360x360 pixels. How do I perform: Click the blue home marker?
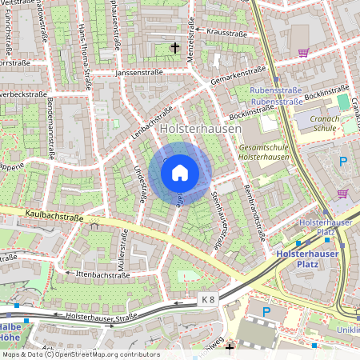(x=180, y=172)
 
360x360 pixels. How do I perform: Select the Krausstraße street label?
(x=226, y=34)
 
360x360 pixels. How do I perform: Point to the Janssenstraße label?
(x=138, y=72)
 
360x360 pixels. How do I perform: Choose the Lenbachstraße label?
(x=152, y=124)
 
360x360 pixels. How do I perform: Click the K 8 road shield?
(x=208, y=299)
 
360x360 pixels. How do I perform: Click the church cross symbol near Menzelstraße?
(x=175, y=48)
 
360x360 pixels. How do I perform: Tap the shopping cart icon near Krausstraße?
(x=303, y=53)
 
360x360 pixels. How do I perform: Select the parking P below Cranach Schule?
(x=343, y=162)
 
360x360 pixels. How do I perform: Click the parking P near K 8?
(x=267, y=311)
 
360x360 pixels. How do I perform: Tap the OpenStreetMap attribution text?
(x=80, y=354)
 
